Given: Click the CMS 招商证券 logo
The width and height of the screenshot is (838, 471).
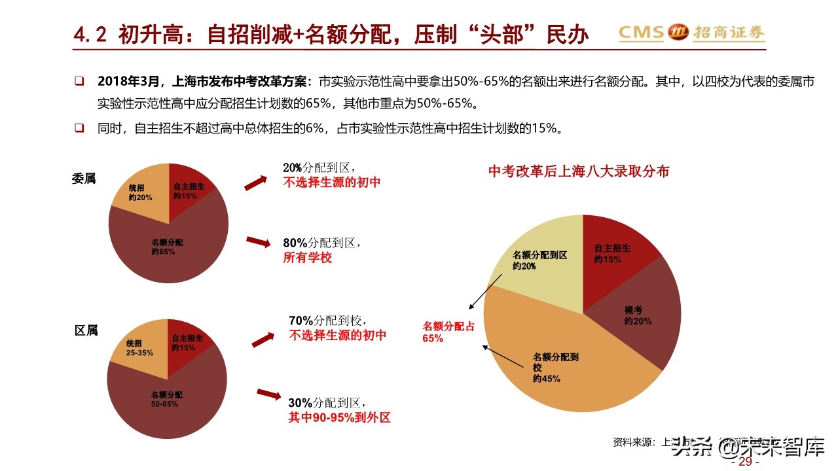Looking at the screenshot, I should click(x=691, y=32).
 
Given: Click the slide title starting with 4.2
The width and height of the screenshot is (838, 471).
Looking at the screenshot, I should click(x=331, y=34).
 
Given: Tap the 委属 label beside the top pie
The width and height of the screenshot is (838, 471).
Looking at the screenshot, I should click(x=84, y=178).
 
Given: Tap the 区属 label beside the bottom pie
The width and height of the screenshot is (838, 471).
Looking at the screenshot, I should click(x=86, y=331).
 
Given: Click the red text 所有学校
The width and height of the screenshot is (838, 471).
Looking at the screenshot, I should click(x=308, y=258).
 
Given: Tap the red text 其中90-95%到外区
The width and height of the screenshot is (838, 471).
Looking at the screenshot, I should click(x=339, y=417).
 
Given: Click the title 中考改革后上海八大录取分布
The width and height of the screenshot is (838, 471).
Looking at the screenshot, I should click(x=579, y=171).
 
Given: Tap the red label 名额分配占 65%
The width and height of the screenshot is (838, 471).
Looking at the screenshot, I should click(x=448, y=332).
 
